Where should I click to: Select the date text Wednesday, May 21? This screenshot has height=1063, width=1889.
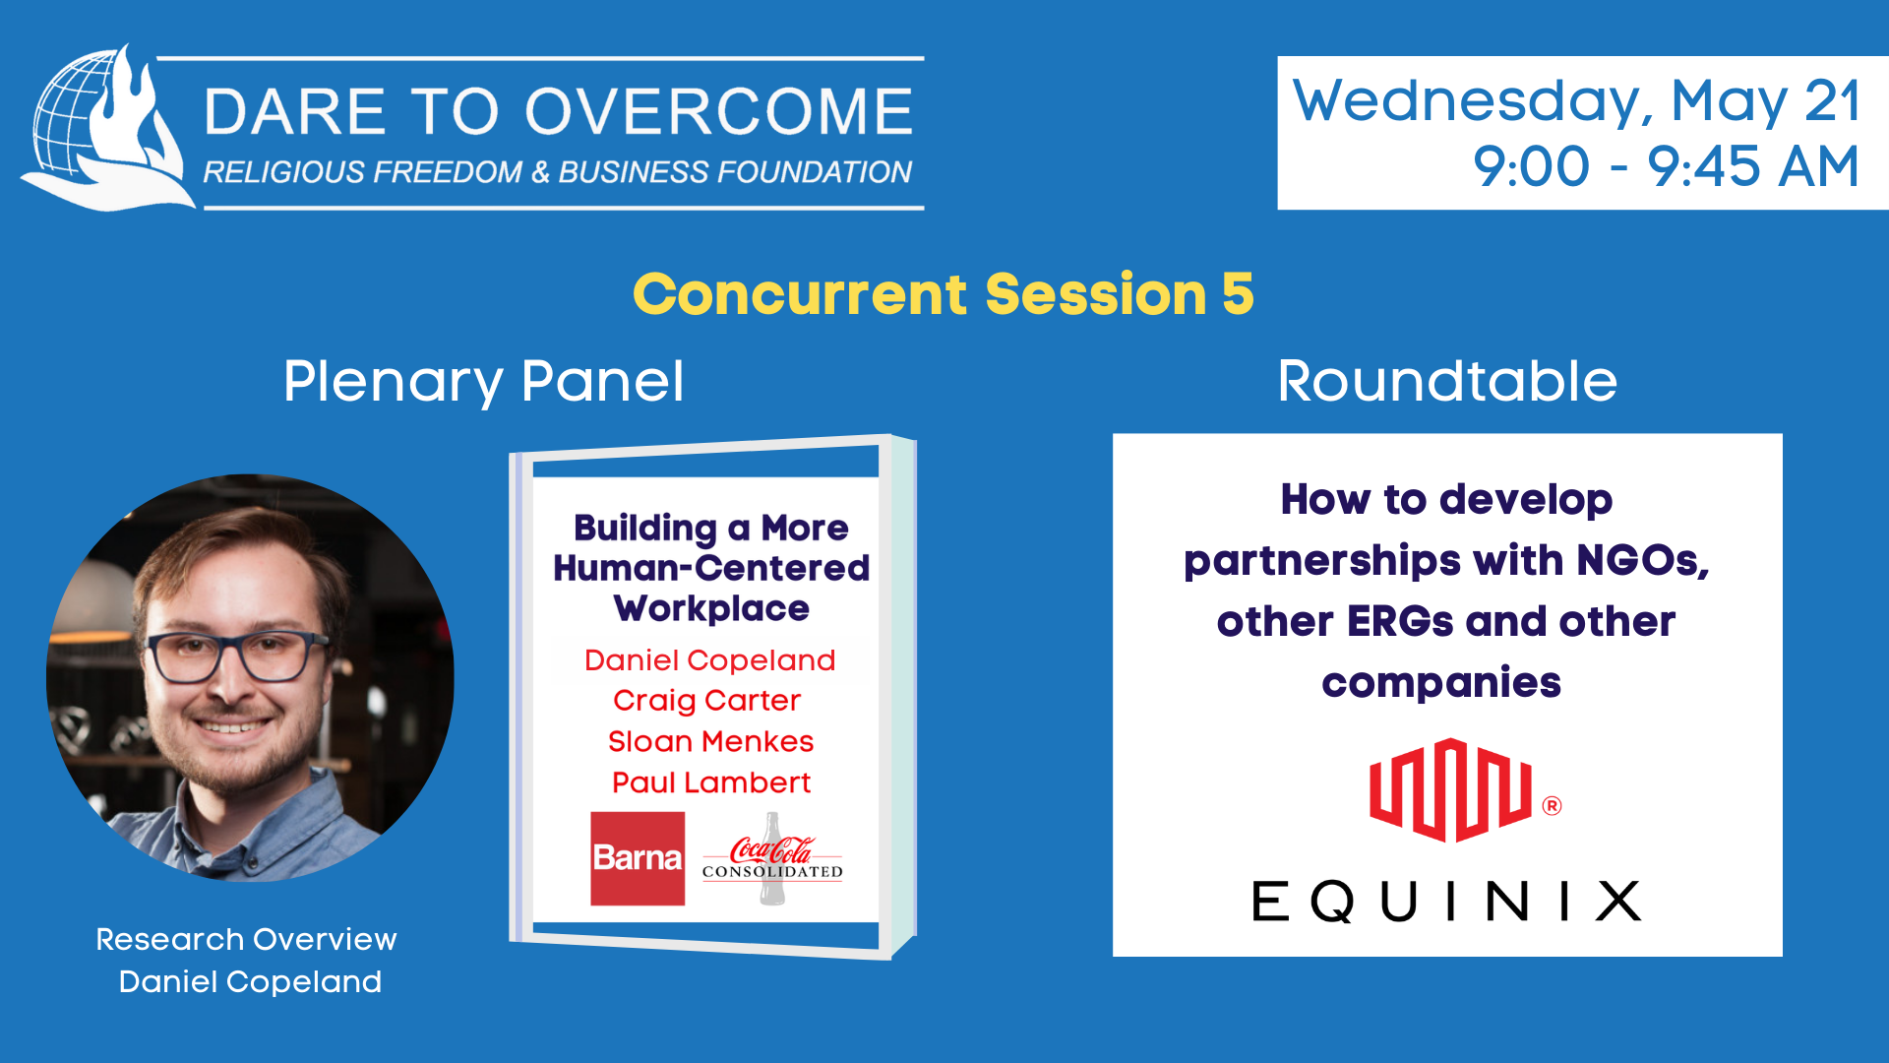coord(1576,100)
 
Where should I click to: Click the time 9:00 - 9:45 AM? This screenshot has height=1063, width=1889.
coord(1666,165)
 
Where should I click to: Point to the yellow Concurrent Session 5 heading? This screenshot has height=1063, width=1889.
coord(944,293)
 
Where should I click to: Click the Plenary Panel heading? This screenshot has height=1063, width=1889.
coord(483,382)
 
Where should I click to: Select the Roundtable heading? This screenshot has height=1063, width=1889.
coord(1447,381)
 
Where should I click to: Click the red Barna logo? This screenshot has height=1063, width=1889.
coord(638,858)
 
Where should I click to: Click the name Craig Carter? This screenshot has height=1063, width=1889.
coord(706,701)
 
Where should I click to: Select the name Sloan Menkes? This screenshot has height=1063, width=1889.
coord(710,741)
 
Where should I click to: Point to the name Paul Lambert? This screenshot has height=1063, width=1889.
coord(710,782)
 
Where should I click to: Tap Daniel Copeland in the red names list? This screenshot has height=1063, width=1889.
coord(709,659)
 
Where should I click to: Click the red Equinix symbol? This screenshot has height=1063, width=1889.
coord(1450,790)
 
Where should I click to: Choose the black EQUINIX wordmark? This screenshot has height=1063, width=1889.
coord(1446,901)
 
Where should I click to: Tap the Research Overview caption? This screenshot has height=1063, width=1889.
coord(246,939)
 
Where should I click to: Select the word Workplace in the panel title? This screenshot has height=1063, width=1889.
coord(711,609)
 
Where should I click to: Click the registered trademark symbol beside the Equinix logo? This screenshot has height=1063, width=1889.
coord(1552,806)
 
